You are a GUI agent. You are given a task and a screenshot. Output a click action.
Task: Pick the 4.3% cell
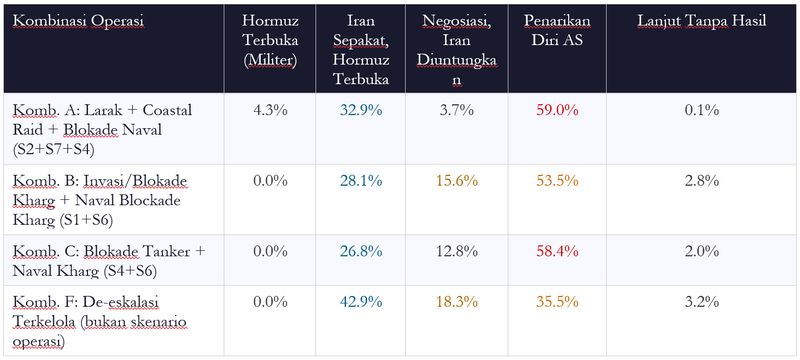click(x=270, y=109)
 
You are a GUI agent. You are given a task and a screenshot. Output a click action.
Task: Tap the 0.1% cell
click(x=702, y=109)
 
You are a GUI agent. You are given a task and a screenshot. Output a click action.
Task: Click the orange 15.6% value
click(x=460, y=180)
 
